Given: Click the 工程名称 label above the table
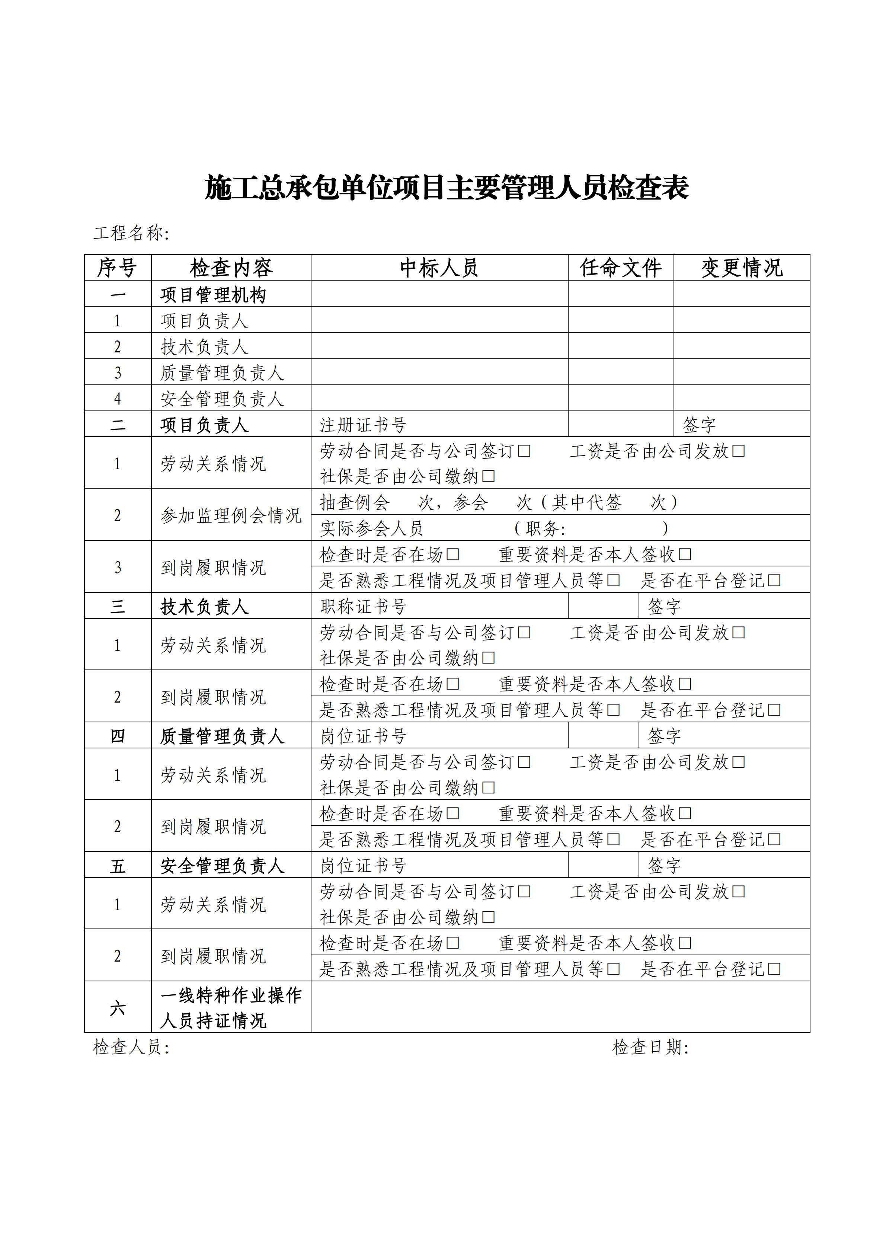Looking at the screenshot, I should point(131,233).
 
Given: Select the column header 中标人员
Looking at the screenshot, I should point(439,268).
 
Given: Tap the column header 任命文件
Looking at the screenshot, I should point(620,268).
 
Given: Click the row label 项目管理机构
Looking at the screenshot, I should point(213,295).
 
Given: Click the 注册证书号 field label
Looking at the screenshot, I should point(363,425).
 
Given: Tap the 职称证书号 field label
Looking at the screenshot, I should point(363,606).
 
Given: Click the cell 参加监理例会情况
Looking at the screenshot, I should point(231,515).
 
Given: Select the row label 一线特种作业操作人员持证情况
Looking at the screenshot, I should point(231,1007).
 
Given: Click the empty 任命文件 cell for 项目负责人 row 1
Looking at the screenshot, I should point(620,320).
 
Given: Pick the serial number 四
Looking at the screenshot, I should point(118,736).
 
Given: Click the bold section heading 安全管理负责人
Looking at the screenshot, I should point(222,866).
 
